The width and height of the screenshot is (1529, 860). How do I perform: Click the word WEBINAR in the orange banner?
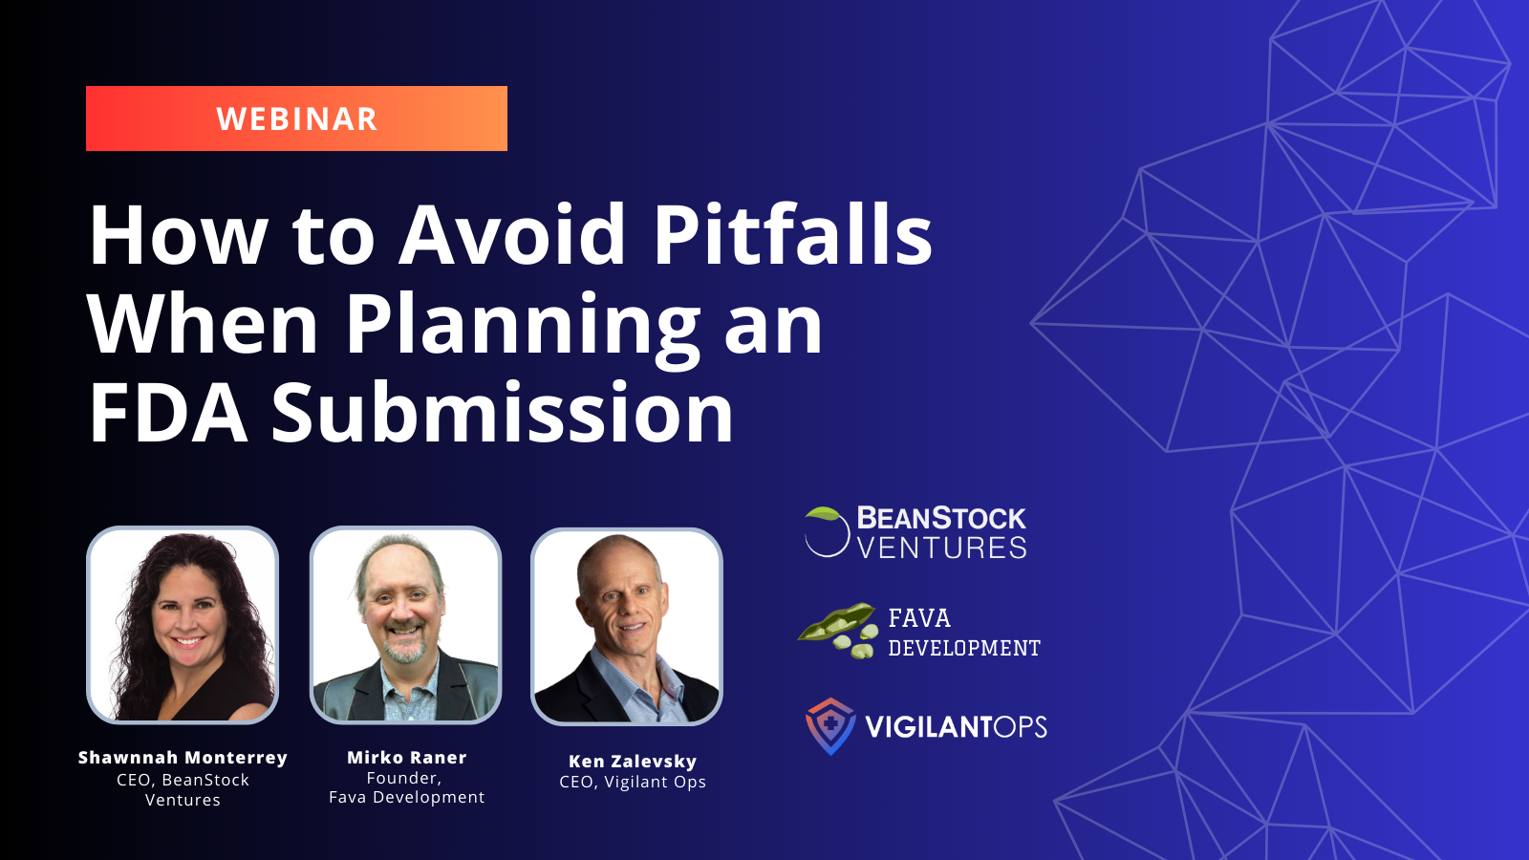pyautogui.click(x=297, y=118)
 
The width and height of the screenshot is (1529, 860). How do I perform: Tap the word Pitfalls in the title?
pyautogui.click(x=793, y=233)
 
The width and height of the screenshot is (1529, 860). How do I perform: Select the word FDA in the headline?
pyautogui.click(x=168, y=413)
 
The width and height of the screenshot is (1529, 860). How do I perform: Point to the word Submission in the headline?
pyautogui.click(x=503, y=412)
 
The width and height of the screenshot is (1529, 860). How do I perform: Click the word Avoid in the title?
pyautogui.click(x=511, y=233)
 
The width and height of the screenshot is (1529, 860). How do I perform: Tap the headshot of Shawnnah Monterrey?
pyautogui.click(x=183, y=625)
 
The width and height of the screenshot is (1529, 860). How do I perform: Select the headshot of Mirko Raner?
pyautogui.click(x=405, y=625)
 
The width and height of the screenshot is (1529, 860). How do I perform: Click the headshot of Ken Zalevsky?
pyautogui.click(x=627, y=626)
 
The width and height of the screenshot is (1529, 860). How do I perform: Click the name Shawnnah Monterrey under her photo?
pyautogui.click(x=183, y=758)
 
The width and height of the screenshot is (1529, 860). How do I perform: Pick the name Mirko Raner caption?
pyautogui.click(x=407, y=758)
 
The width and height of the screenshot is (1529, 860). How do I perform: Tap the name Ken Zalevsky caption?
pyautogui.click(x=633, y=761)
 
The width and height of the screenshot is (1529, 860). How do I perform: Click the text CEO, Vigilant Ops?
pyautogui.click(x=633, y=783)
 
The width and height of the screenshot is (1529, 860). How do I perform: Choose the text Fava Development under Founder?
pyautogui.click(x=407, y=797)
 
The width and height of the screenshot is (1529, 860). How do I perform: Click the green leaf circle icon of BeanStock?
pyautogui.click(x=827, y=531)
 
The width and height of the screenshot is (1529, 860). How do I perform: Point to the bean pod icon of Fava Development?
pyautogui.click(x=837, y=630)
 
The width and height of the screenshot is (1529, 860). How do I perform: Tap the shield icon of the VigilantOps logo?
pyautogui.click(x=830, y=726)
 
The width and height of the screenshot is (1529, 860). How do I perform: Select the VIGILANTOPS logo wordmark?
pyautogui.click(x=956, y=727)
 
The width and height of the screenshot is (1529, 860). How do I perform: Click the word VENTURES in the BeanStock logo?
pyautogui.click(x=941, y=548)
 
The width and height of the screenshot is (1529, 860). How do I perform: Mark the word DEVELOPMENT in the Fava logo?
pyautogui.click(x=964, y=648)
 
